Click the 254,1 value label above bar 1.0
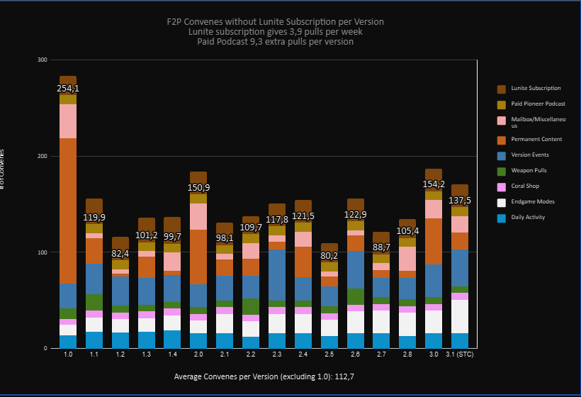coord(68,89)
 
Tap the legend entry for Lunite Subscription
coord(536,89)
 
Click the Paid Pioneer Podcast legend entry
coord(537,104)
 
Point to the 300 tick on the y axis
coord(42,60)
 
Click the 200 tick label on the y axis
coord(42,156)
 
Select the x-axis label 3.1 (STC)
coord(460,354)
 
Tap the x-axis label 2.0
coord(198,354)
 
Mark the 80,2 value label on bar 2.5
coord(329,255)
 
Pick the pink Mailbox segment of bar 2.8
coord(407,258)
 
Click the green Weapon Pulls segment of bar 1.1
coord(94,302)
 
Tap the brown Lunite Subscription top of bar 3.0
coord(434,174)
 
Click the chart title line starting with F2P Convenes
coord(276,21)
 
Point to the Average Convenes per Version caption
coord(264,376)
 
